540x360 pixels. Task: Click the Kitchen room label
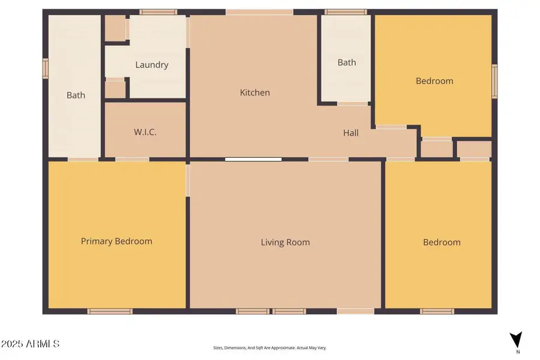coord(255,92)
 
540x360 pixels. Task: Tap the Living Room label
coord(285,242)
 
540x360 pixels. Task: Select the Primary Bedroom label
coord(116,241)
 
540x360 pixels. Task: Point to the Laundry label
coord(152,65)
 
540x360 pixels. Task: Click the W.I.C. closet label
coord(145,132)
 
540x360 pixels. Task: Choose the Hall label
coord(351,133)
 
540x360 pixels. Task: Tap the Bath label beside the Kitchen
coord(347,62)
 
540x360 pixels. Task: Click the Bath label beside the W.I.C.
coord(76,95)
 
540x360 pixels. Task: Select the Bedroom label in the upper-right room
coord(434,81)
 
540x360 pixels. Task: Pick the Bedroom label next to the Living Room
coord(442,242)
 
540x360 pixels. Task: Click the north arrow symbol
coord(515,340)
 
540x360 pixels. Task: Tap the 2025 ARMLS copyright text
coord(30,344)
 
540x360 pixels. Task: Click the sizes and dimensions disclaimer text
coord(269,347)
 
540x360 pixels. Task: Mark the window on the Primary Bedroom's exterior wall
coord(110,311)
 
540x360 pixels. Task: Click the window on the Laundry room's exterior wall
coord(158,11)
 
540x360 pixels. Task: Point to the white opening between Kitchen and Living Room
coord(253,160)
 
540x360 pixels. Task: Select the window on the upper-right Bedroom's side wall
coord(494,81)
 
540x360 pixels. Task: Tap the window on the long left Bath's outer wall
coord(45,68)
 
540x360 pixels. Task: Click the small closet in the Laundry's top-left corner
coord(115,28)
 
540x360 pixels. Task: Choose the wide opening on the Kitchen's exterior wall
coord(259,12)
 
